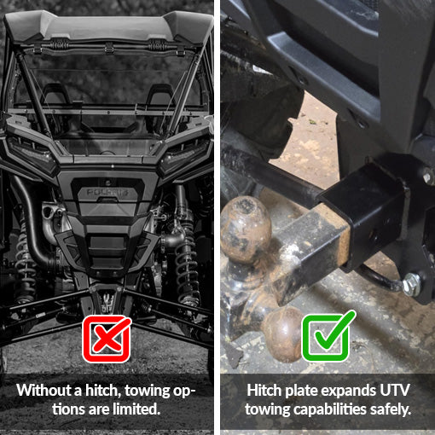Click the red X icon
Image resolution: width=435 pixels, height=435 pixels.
pyautogui.click(x=107, y=339)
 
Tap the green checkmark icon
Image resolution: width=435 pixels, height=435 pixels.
pyautogui.click(x=326, y=339)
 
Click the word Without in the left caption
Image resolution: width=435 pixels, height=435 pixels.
pyautogui.click(x=43, y=391)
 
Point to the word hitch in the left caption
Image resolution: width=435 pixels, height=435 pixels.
pyautogui.click(x=97, y=391)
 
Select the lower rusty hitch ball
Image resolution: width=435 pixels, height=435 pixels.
pyautogui.click(x=281, y=328)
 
